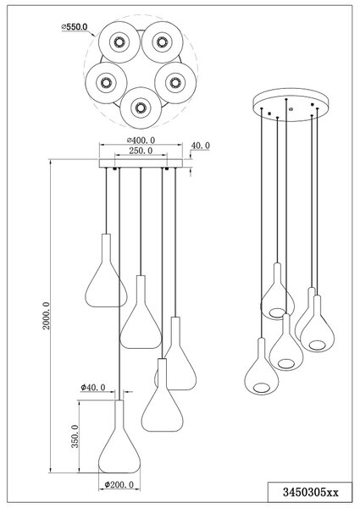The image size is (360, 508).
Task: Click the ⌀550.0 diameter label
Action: point(75,27)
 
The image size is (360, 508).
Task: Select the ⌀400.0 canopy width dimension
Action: point(141,141)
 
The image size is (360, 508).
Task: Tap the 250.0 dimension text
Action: point(141,151)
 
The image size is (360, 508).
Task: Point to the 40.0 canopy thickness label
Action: point(200,146)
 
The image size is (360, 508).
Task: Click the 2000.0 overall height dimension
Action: point(47,316)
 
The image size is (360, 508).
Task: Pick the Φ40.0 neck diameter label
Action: point(93,387)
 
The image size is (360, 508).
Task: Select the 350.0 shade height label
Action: point(75,436)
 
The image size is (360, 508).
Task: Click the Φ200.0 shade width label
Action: point(119,484)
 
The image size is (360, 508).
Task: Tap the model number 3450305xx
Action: point(310,493)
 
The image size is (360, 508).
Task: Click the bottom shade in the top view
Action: point(141,108)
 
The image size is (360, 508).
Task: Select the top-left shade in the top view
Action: point(119,42)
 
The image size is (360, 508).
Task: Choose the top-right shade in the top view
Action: point(162,42)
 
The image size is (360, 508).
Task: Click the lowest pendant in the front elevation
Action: point(119,437)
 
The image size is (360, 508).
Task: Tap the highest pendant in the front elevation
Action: point(106,271)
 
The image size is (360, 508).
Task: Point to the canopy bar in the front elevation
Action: point(141,163)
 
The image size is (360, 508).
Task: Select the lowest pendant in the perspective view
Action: point(261,367)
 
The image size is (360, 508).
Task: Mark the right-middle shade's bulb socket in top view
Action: point(175,83)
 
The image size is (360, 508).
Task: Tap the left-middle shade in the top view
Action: point(106,83)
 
